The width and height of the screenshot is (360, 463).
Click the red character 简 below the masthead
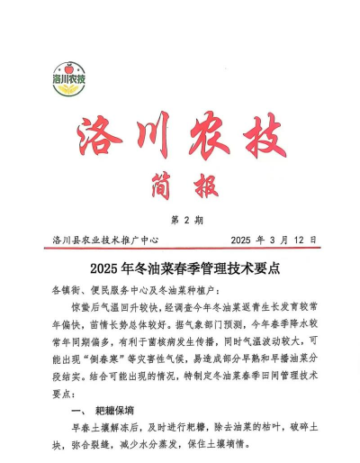157,186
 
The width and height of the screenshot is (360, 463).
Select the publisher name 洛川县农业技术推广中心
105,241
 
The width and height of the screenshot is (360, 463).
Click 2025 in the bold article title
107,268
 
